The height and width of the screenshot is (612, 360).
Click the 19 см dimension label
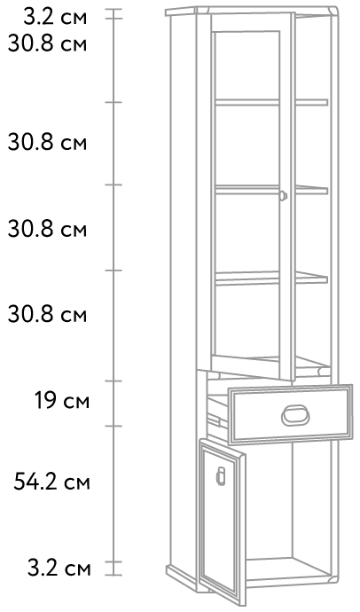point(62,400)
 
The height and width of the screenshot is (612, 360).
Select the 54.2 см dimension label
point(52,482)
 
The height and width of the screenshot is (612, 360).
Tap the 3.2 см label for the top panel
point(55,18)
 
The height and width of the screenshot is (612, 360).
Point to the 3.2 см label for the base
point(59,569)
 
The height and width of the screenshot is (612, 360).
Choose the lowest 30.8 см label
point(47,314)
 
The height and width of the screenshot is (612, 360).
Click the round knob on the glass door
point(283,195)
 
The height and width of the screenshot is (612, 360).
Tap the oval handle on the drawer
point(295,415)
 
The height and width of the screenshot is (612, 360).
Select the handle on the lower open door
point(221,475)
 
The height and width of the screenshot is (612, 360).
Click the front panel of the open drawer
point(290,414)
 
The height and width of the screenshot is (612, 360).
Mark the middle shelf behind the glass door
point(271,190)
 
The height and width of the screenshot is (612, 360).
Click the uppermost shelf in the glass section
point(271,102)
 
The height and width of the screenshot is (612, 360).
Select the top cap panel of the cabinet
point(252,11)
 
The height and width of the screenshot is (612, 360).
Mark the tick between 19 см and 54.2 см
point(113,426)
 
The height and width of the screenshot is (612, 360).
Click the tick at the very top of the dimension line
point(113,11)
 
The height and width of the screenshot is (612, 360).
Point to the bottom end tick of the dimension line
point(113,575)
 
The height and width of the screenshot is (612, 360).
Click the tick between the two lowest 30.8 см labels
point(113,271)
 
